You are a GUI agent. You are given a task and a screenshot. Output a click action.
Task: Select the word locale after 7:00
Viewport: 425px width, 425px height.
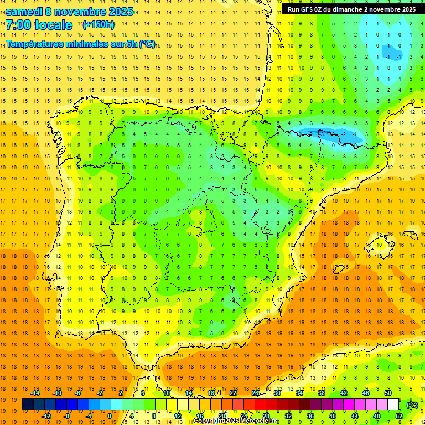53,25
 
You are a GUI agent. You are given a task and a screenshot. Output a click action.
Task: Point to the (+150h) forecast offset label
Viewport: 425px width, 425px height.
99,25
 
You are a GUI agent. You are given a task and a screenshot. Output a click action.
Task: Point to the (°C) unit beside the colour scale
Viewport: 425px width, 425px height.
412,405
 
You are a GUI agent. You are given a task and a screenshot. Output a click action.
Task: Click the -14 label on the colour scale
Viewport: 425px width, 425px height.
35,393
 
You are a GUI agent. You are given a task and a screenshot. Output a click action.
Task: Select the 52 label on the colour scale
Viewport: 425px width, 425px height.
399,416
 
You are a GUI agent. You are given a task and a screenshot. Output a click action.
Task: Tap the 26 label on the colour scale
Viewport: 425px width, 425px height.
255,393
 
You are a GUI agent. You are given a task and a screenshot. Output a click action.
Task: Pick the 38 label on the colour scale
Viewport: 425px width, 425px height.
322,393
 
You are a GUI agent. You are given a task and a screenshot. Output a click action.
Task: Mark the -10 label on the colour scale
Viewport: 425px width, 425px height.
56,393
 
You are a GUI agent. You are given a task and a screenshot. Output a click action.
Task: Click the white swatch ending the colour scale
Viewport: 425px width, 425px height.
393,405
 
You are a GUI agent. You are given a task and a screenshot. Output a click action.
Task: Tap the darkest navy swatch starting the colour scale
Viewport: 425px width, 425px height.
28,405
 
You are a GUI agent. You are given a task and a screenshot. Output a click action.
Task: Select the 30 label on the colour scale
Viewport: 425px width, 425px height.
277,393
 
